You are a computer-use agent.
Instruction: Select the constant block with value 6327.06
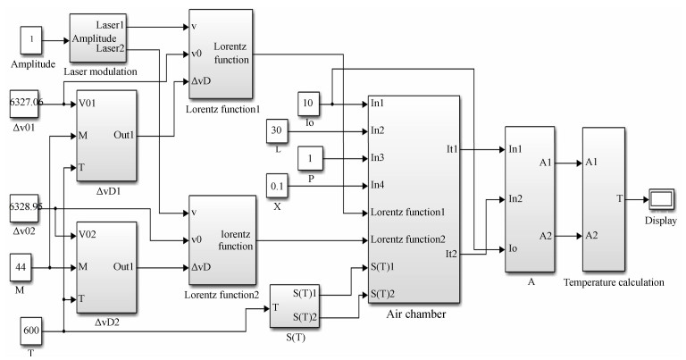pyautogui.click(x=24, y=105)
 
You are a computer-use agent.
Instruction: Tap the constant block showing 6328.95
pyautogui.click(x=24, y=208)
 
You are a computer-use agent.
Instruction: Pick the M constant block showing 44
pyautogui.click(x=21, y=267)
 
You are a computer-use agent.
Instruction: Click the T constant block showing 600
pyautogui.click(x=31, y=331)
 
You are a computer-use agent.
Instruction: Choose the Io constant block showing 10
pyautogui.click(x=308, y=105)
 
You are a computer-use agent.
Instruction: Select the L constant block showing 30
pyautogui.click(x=277, y=131)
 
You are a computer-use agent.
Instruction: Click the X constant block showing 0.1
pyautogui.click(x=277, y=186)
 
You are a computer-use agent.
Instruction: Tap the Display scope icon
pyautogui.click(x=662, y=199)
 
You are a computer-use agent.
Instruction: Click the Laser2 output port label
pyautogui.click(x=110, y=48)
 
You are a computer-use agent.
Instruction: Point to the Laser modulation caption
pyautogui.click(x=100, y=71)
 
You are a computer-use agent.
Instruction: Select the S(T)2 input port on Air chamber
pyautogui.click(x=383, y=294)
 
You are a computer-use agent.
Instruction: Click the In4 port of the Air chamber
pyautogui.click(x=378, y=185)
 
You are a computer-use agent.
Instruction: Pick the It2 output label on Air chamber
pyautogui.click(x=451, y=254)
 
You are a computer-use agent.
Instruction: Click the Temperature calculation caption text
pyautogui.click(x=614, y=282)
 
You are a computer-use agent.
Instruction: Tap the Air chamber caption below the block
pyautogui.click(x=415, y=314)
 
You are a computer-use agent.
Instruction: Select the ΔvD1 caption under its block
pyautogui.click(x=107, y=191)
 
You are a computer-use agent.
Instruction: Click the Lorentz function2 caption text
pyautogui.click(x=222, y=295)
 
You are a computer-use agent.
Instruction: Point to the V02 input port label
pyautogui.click(x=88, y=234)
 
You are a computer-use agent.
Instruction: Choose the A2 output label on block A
pyautogui.click(x=545, y=236)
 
